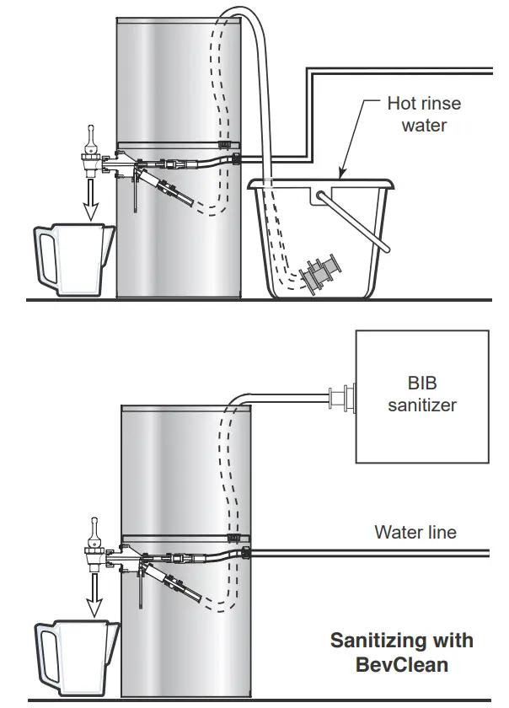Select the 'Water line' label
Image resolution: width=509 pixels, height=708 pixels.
[415, 532]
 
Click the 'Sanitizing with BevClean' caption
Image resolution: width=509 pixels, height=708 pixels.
[400, 652]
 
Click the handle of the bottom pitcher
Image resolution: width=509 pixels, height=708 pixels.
[47, 653]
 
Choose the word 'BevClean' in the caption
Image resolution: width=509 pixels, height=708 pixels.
[401, 664]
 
